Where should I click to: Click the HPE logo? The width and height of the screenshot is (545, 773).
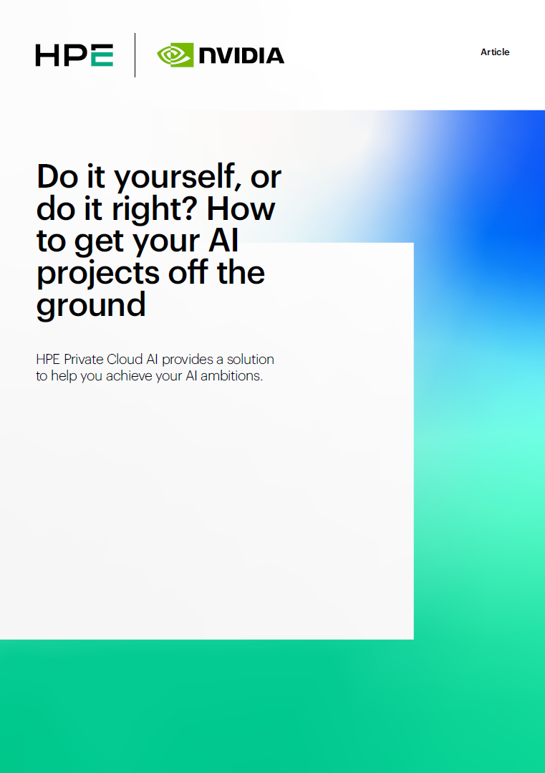coord(74,55)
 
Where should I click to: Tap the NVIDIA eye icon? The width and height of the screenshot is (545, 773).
coord(175,55)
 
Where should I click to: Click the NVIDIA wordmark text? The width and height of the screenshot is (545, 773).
coord(241,55)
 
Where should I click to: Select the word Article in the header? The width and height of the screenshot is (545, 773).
coord(495,52)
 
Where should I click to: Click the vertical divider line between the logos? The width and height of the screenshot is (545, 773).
coord(135,54)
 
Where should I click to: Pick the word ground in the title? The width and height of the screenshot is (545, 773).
coord(91,305)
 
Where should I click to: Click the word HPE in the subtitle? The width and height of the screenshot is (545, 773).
coord(48,359)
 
